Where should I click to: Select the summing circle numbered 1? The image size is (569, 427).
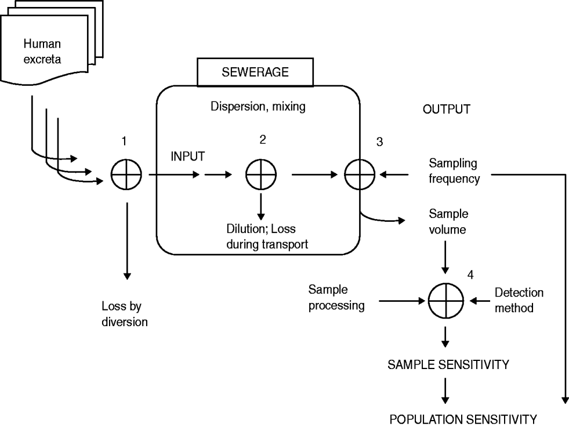coord(125,173)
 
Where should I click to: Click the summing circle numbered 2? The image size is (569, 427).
coord(261,173)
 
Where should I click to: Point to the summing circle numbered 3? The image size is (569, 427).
coord(360,173)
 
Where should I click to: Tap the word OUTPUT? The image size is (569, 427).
coord(446,110)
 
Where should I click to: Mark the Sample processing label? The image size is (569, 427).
coord(336,297)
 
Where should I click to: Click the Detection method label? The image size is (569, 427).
coord(519,301)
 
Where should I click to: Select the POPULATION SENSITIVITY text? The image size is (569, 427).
coord(463,418)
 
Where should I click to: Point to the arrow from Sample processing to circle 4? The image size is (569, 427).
coord(400,301)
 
